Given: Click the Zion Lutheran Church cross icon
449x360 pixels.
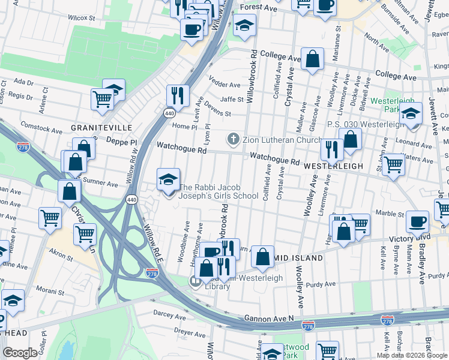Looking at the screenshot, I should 234,139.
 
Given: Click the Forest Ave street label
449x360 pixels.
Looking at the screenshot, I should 258,8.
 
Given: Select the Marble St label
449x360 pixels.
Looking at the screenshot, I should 390,213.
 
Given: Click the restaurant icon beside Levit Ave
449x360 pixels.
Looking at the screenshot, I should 178,94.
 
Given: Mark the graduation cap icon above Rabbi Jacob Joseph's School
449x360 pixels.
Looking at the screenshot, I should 169,178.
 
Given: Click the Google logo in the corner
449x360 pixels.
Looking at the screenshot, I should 20,352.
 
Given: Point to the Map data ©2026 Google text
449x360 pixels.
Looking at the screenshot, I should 412,355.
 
